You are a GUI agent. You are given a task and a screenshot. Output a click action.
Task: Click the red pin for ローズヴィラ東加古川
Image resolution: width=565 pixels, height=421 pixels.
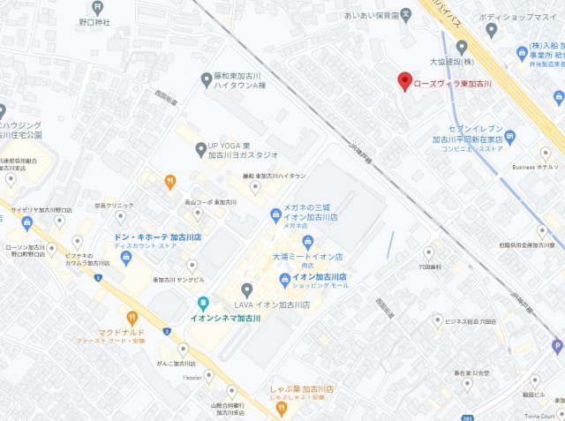click(x=404, y=80)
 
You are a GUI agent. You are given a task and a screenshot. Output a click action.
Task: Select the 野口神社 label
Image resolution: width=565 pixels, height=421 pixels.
click(x=94, y=21)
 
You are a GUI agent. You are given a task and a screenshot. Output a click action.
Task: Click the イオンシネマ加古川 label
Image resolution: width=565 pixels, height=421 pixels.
click(x=229, y=317)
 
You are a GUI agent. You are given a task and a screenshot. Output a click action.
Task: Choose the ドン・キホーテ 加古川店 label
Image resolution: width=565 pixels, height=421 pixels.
click(x=158, y=238)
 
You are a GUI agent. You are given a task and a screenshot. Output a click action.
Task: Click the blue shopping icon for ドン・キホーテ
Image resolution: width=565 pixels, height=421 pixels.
click(x=125, y=258)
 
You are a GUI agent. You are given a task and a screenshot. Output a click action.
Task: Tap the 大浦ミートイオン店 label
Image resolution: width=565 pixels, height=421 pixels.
click(x=308, y=256)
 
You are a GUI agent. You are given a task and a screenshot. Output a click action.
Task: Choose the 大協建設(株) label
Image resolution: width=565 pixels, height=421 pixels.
click(x=451, y=62)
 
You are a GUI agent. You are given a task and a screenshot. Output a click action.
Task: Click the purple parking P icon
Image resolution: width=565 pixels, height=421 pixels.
click(x=556, y=347)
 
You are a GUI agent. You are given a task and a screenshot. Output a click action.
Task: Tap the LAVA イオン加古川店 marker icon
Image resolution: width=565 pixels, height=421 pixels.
click(x=247, y=289)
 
